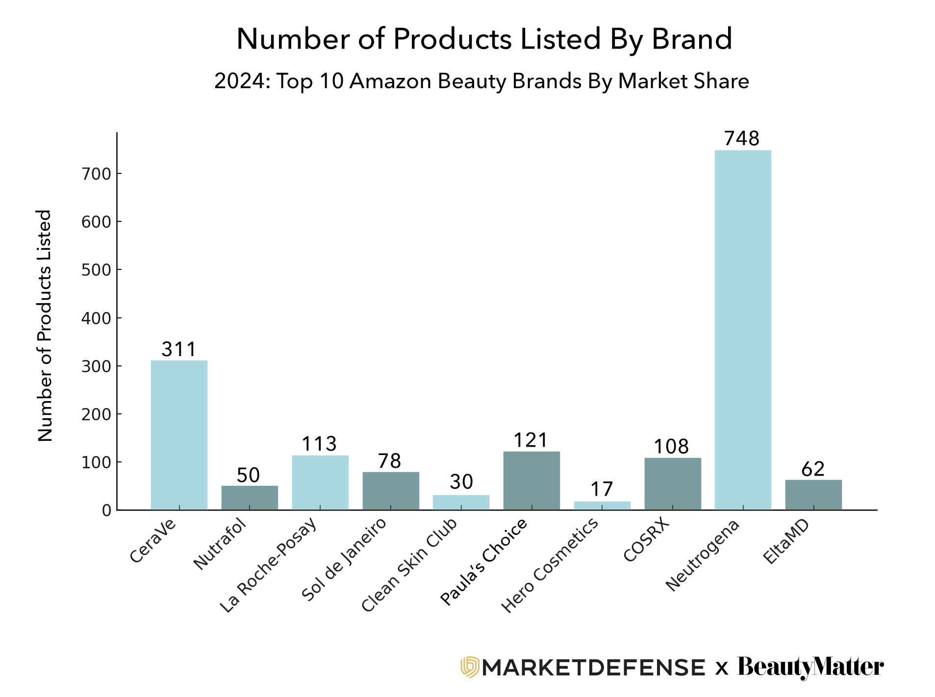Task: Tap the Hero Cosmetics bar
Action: pos(602,505)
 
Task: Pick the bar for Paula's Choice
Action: pos(531,481)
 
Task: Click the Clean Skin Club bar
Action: pos(461,503)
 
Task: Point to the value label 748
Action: pos(742,139)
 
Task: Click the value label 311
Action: pos(179,350)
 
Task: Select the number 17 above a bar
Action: pos(602,489)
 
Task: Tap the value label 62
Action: pos(813,469)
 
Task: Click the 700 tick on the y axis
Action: pos(97,174)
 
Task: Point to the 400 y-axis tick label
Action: pos(97,318)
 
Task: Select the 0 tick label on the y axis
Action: pos(106,511)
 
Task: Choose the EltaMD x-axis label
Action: pos(785,542)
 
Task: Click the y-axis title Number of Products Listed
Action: pos(45,326)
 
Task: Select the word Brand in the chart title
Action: pos(692,39)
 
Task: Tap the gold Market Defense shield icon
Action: pos(469,667)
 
